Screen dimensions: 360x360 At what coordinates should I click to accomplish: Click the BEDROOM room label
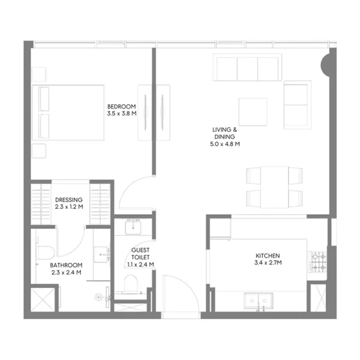tap(119, 106)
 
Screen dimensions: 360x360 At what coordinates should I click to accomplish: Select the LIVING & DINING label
tap(225, 133)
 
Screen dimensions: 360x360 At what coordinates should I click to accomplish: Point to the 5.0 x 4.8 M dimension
tap(225, 144)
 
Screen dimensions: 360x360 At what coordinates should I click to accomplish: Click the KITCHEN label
tap(267, 256)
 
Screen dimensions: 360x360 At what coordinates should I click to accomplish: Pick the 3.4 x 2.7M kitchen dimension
tap(267, 263)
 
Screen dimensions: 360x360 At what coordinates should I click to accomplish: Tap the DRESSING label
tap(69, 200)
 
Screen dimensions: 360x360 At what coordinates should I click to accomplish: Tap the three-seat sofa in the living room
tap(248, 67)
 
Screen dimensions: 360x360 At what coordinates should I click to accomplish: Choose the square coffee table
tap(253, 112)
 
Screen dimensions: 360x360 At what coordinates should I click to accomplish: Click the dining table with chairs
tap(274, 186)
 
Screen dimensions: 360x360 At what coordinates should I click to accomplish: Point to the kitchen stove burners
tap(317, 262)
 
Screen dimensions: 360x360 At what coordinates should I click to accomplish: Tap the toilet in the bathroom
tap(46, 251)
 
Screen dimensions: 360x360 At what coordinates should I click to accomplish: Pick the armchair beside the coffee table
tap(297, 105)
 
